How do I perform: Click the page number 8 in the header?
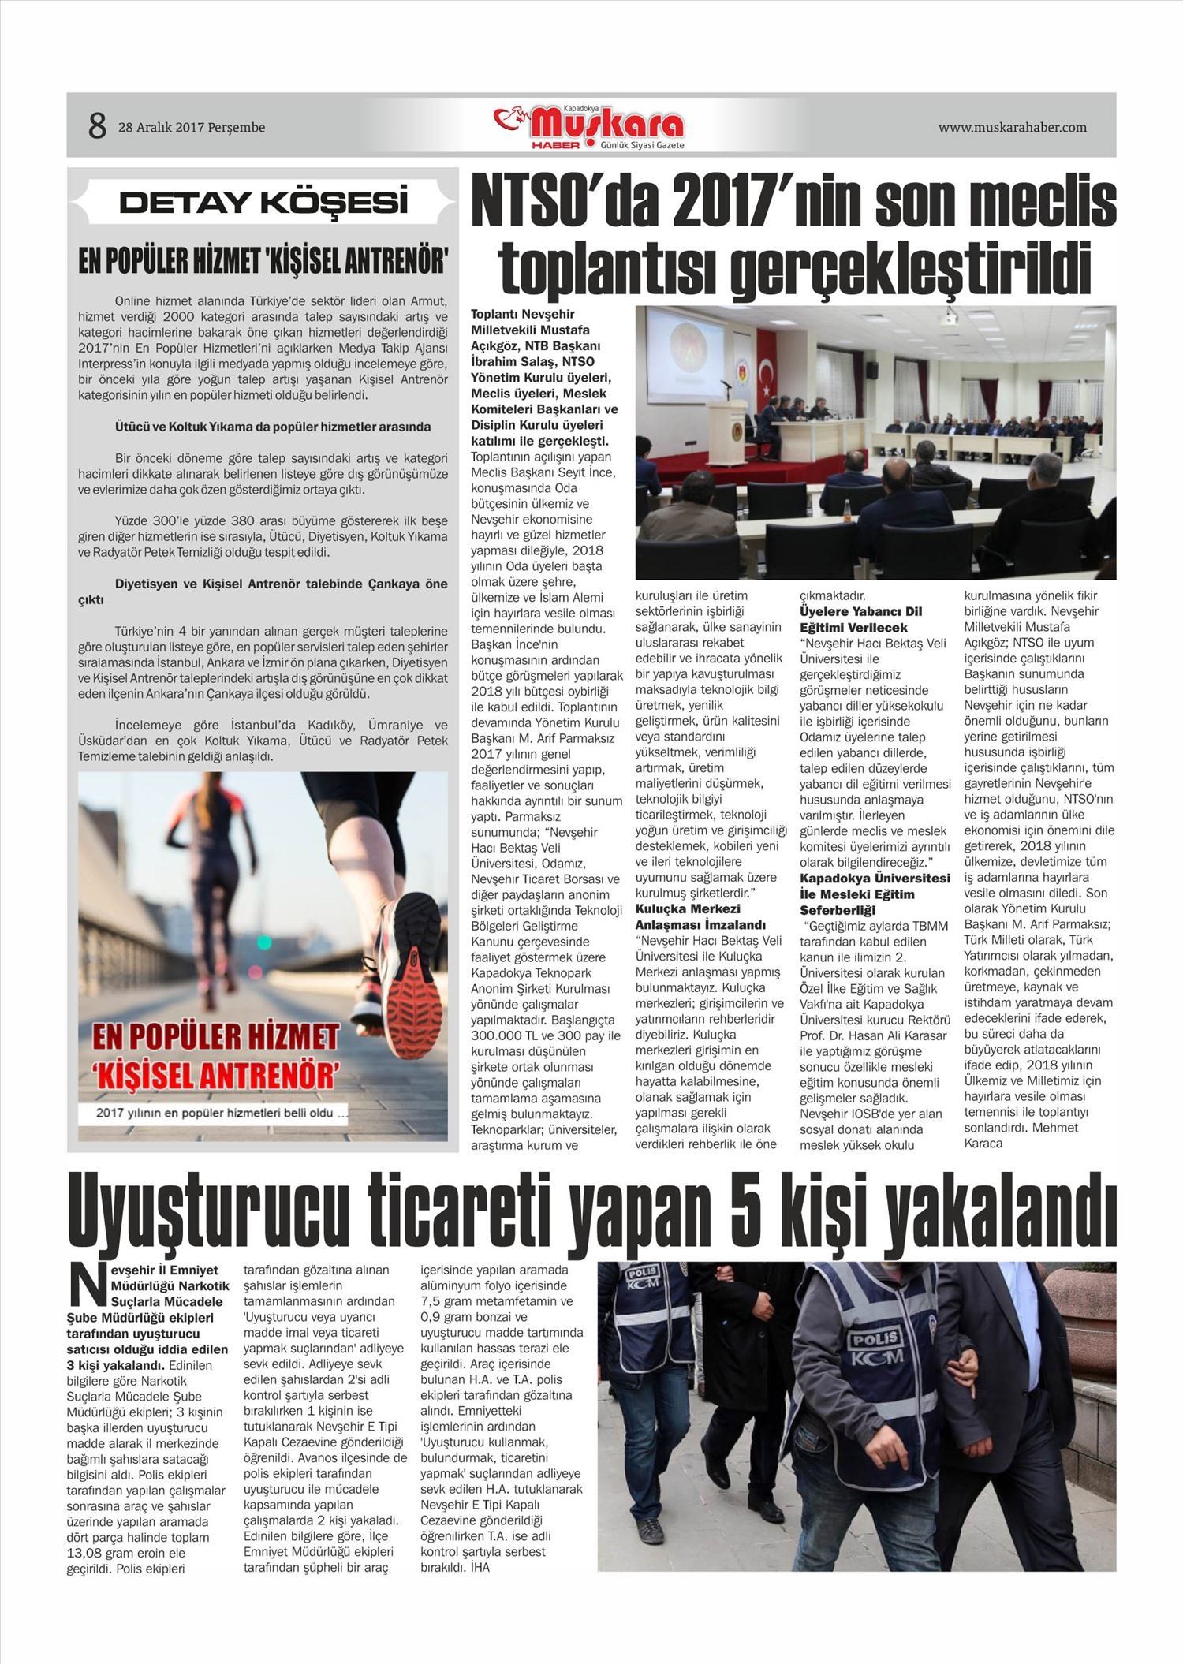point(97,126)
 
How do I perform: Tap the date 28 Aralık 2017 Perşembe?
point(192,127)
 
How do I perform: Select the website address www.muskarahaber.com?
point(1012,127)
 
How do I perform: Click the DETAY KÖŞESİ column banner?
point(263,202)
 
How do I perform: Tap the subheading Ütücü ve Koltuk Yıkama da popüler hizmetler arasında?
point(273,427)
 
